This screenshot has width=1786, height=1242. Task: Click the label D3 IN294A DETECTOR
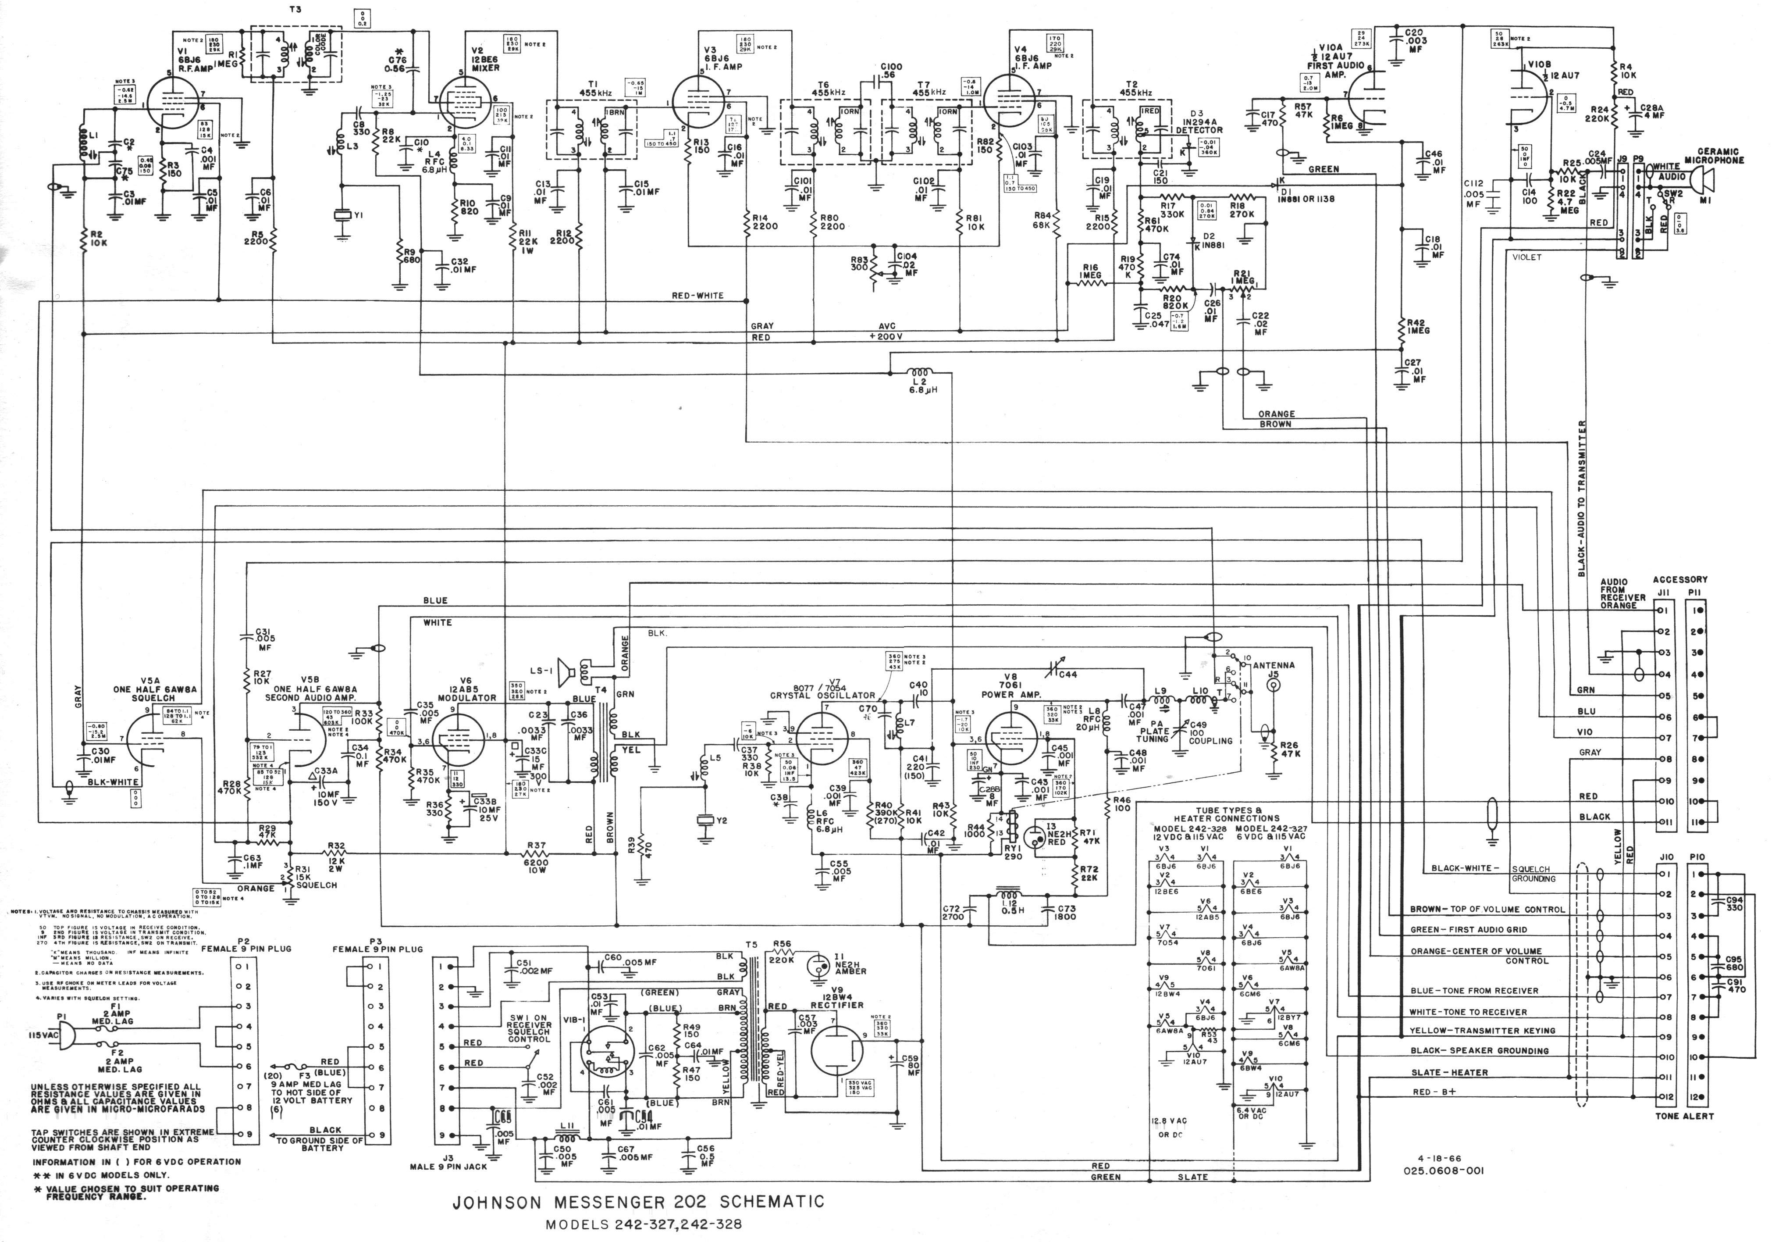coord(1199,125)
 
